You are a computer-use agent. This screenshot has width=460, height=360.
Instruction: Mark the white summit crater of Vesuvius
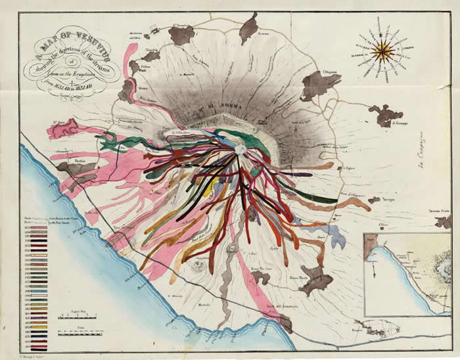[x=239, y=149]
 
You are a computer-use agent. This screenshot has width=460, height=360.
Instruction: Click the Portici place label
[x=81, y=160]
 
